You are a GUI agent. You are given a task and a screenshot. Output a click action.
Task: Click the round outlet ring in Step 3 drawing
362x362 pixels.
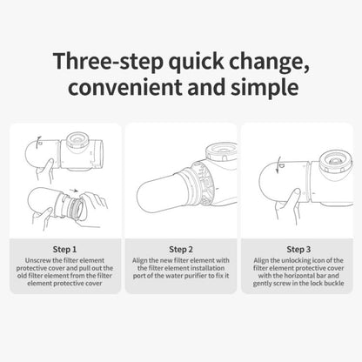click(x=332, y=160)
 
